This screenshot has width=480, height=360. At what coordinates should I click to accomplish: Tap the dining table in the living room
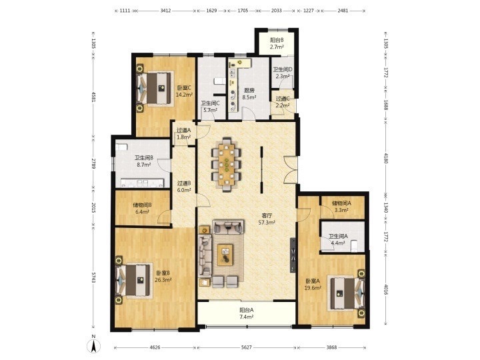(227, 165)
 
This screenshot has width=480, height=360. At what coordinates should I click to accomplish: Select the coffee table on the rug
(225, 255)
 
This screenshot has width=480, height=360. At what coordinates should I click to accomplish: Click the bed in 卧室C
(155, 88)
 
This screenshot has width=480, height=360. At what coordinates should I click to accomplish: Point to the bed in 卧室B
(134, 281)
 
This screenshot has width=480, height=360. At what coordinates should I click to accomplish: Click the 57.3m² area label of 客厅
(267, 223)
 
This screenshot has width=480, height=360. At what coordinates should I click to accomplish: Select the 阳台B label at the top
(277, 40)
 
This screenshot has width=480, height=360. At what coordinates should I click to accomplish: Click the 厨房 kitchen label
(249, 91)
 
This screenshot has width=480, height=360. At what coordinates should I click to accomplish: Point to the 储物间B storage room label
(143, 205)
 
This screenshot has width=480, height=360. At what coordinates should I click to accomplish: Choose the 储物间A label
(341, 203)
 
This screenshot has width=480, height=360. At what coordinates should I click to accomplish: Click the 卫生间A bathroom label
(338, 236)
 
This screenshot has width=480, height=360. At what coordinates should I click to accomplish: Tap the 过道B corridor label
(184, 183)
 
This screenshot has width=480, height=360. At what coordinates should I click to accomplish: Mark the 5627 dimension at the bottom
(247, 347)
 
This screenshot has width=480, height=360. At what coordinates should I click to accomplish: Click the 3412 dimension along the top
(165, 11)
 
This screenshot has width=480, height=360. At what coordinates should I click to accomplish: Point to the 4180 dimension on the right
(386, 158)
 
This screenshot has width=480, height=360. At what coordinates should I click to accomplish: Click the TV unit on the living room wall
(293, 255)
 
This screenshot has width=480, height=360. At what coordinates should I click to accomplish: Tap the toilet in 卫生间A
(354, 245)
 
